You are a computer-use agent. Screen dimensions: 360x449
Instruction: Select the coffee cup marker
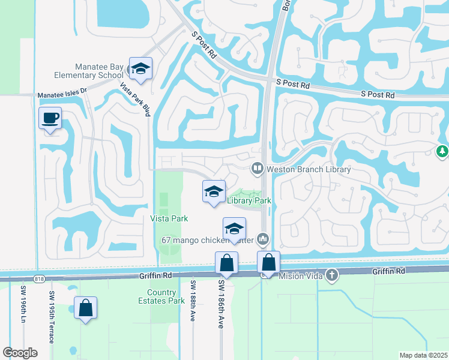(50, 118)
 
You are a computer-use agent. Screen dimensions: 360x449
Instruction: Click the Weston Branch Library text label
(308, 169)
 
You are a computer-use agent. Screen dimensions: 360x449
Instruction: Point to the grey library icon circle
(258, 169)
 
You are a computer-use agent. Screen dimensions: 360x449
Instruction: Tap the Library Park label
(249, 200)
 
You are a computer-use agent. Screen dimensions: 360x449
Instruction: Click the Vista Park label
(169, 218)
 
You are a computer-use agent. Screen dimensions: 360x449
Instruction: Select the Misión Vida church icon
(332, 275)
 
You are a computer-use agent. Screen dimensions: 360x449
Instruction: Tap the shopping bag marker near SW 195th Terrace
(86, 308)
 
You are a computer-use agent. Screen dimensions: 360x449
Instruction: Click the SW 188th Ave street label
(193, 300)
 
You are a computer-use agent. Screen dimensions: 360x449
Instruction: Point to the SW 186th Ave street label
(221, 304)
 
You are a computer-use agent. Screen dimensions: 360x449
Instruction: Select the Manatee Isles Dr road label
(62, 95)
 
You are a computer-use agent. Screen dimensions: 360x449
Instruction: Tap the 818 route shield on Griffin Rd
(40, 278)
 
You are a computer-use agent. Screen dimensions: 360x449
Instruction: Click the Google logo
(20, 352)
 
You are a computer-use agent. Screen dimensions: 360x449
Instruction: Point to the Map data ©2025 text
(423, 355)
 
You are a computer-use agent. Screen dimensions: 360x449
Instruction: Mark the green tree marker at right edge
(443, 151)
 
